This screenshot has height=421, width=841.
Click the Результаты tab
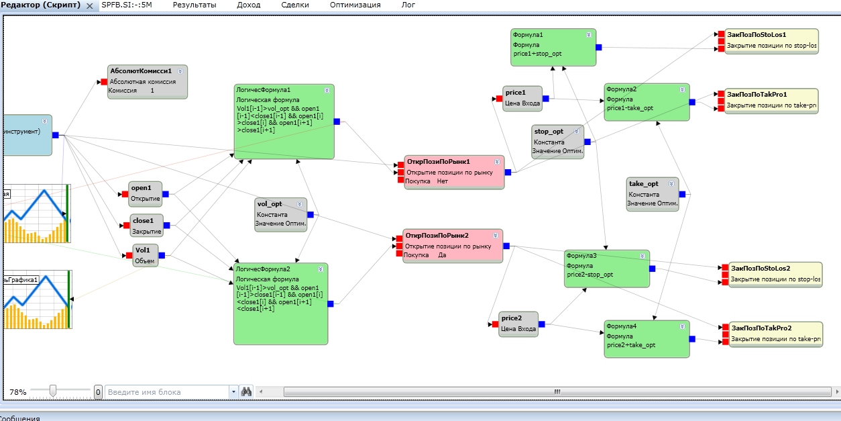tap(194, 5)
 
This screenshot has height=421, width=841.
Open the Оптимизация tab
tap(355, 5)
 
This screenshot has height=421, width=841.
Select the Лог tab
tap(408, 5)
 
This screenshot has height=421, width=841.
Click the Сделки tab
tap(295, 5)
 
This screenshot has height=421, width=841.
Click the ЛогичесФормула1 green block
tap(284, 122)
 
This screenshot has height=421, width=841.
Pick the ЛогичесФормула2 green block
tap(280, 303)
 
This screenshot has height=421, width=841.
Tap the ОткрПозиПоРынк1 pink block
tap(454, 172)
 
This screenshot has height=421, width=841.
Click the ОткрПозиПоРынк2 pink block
tap(453, 246)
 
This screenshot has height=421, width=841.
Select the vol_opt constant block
tap(281, 214)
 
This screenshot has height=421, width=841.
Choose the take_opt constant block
tap(653, 194)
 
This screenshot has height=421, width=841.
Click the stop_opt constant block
tap(558, 142)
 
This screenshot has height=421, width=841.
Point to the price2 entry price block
tap(518, 324)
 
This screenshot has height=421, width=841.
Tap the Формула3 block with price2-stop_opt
tap(606, 268)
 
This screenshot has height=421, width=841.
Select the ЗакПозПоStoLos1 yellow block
tap(771, 40)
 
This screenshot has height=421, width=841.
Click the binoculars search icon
tap(246, 391)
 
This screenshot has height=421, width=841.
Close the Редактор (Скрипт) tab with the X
tap(90, 5)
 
